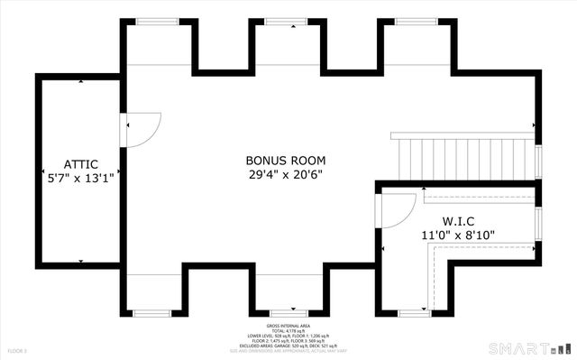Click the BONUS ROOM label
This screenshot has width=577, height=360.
click(x=288, y=161)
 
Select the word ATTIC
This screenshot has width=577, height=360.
click(x=80, y=164)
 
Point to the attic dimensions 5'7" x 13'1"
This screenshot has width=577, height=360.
click(x=80, y=178)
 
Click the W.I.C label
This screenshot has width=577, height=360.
click(x=457, y=221)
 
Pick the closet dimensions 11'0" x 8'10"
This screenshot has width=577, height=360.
click(x=457, y=235)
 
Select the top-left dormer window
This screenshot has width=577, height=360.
click(x=158, y=21)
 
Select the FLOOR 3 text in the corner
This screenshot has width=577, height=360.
click(x=18, y=350)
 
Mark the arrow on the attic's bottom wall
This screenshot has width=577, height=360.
click(x=80, y=261)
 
